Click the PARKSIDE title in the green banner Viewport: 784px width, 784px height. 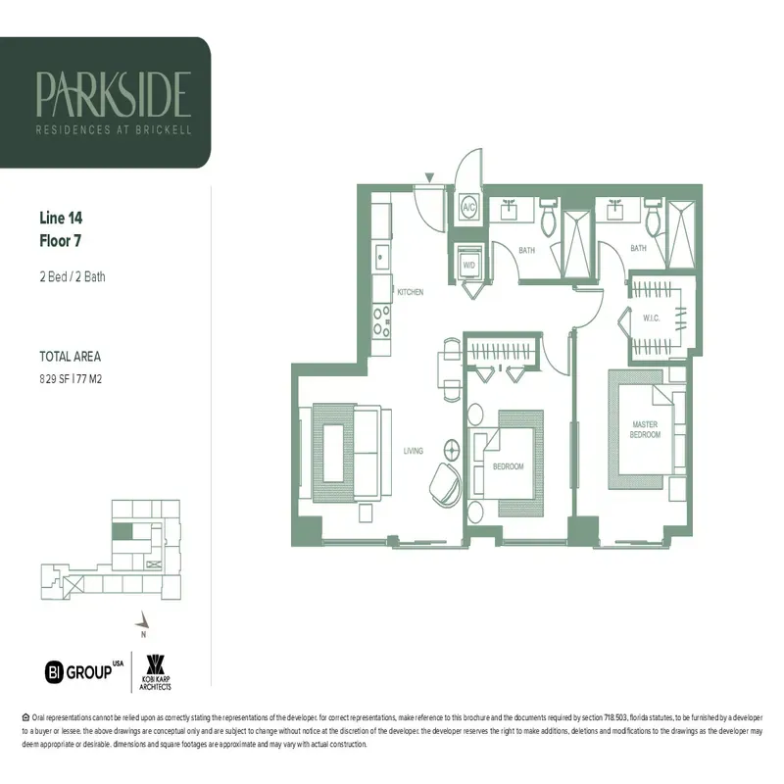tap(113, 93)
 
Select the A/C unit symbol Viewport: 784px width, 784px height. tap(468, 209)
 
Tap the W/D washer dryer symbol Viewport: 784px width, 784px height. tap(469, 264)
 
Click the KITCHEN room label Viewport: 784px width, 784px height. tap(410, 292)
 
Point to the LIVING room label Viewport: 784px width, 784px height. tap(413, 451)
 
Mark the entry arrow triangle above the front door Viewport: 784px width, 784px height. tap(428, 177)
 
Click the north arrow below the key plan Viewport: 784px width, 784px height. tap(144, 619)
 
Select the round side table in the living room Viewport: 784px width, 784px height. tap(452, 450)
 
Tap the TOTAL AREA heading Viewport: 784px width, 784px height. tap(70, 357)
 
